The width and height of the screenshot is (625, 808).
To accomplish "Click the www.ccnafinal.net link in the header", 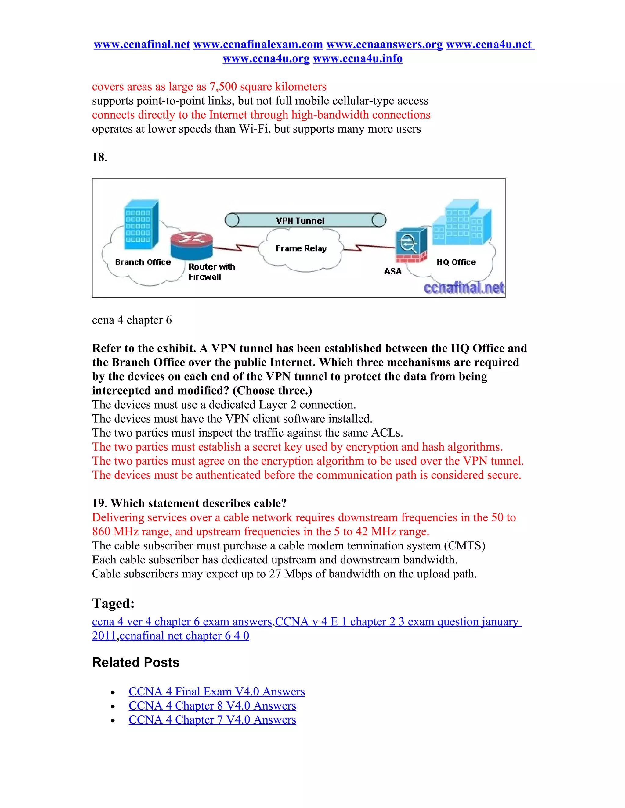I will (142, 45).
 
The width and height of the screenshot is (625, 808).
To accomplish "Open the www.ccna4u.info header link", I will (358, 59).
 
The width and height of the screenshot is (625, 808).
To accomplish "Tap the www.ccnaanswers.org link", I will (384, 45).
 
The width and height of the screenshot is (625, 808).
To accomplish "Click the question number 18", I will (99, 157).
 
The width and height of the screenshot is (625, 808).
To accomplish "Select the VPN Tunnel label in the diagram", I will (300, 221).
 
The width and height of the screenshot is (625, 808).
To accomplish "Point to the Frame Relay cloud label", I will (301, 248).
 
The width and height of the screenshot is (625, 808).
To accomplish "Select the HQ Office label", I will (456, 262).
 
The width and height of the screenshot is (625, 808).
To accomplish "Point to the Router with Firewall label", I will (211, 272).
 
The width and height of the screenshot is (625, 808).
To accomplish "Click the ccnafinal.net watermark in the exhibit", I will (464, 288).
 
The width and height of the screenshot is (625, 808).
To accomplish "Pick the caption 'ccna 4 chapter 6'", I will (132, 320).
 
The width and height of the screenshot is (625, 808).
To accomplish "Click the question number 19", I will (98, 503).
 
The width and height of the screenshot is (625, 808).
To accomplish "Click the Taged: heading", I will (113, 603).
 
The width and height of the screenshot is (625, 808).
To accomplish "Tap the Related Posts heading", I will (135, 662).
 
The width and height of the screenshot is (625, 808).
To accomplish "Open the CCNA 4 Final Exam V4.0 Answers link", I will (217, 692).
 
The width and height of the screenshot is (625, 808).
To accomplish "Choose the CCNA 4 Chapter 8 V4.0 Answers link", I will (212, 706).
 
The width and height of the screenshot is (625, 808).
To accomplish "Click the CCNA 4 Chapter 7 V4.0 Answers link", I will (212, 720).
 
